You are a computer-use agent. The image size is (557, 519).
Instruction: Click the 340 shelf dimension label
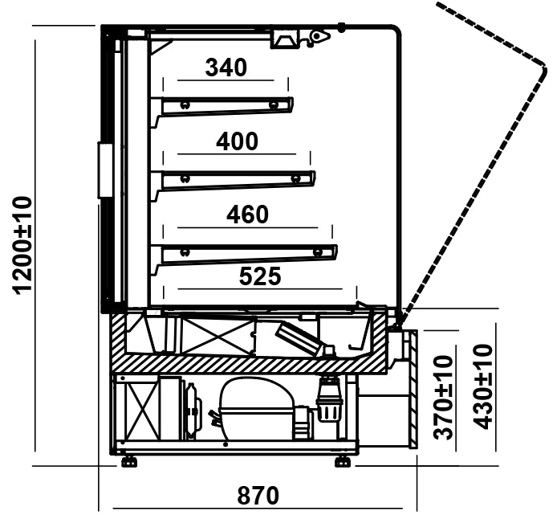click(226, 67)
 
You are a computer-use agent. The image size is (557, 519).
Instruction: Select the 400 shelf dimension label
click(238, 141)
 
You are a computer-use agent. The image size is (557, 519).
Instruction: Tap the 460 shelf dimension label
click(247, 215)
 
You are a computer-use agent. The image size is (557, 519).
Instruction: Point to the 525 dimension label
click(260, 276)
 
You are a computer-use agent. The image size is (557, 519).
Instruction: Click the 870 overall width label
click(258, 496)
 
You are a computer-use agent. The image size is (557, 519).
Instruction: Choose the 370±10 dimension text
click(444, 398)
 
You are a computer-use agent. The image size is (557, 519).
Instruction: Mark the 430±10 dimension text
click(483, 386)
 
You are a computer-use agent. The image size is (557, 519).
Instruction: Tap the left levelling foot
click(129, 462)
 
